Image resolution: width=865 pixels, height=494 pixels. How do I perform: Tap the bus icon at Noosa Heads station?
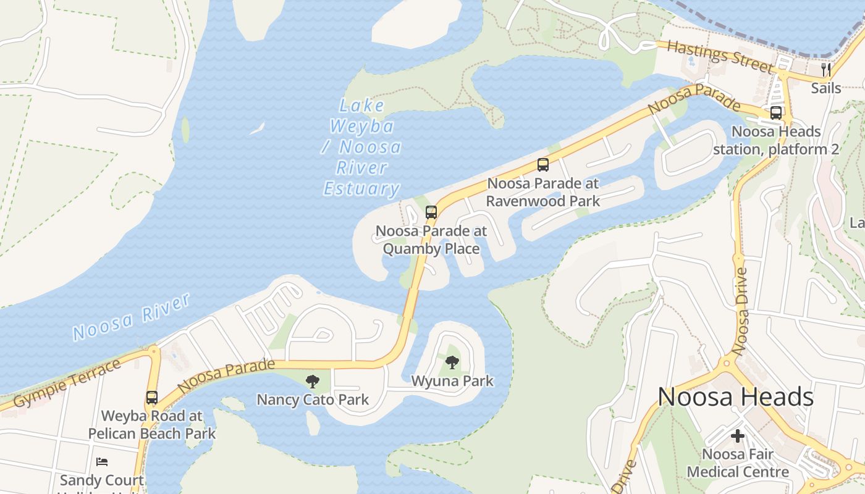coord(776,113)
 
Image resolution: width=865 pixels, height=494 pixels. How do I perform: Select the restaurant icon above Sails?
coord(826,69)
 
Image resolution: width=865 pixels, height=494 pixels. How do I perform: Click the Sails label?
coord(826,88)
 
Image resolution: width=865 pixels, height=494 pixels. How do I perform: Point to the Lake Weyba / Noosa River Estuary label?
coord(362,147)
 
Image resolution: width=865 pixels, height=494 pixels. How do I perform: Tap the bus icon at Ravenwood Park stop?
coord(543,165)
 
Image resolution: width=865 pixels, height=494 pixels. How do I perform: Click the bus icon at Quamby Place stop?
coord(431,212)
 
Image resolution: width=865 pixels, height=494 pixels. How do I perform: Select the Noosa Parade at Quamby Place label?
coord(431,240)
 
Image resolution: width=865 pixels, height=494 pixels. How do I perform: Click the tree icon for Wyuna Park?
coord(452,362)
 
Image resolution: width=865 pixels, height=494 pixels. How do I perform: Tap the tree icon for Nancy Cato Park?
coord(313,381)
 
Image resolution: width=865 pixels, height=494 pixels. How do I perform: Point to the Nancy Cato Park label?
coord(313,400)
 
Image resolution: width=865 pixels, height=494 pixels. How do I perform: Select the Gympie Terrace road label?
coord(67,383)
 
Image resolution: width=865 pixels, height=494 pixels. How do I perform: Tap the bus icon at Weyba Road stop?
coord(152,398)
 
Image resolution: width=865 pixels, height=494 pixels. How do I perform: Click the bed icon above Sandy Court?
coord(102,462)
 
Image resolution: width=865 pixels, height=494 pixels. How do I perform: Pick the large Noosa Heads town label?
coord(735,396)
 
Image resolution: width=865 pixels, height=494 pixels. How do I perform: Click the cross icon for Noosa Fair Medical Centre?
coord(738,436)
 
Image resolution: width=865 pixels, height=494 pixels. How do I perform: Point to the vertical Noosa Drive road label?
coord(740,311)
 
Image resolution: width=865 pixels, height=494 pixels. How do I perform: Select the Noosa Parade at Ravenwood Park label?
coord(543,192)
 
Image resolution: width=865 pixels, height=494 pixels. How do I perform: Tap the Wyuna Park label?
coord(452,381)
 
